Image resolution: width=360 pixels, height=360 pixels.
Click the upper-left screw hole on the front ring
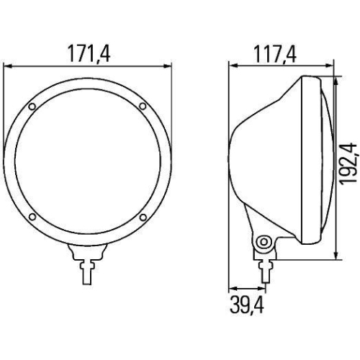pyautogui.click(x=32, y=109)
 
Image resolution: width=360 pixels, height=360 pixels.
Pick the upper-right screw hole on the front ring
pyautogui.click(x=143, y=108)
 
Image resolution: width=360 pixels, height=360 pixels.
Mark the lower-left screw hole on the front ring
pyautogui.click(x=32, y=217)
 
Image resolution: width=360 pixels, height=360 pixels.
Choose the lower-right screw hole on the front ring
pyautogui.click(x=143, y=217)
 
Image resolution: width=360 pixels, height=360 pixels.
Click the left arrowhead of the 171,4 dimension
pyautogui.click(x=7, y=65)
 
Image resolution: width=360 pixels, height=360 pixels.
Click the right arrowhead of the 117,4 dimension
pyautogui.click(x=331, y=65)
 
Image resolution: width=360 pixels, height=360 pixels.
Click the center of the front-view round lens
pyautogui.click(x=88, y=163)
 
